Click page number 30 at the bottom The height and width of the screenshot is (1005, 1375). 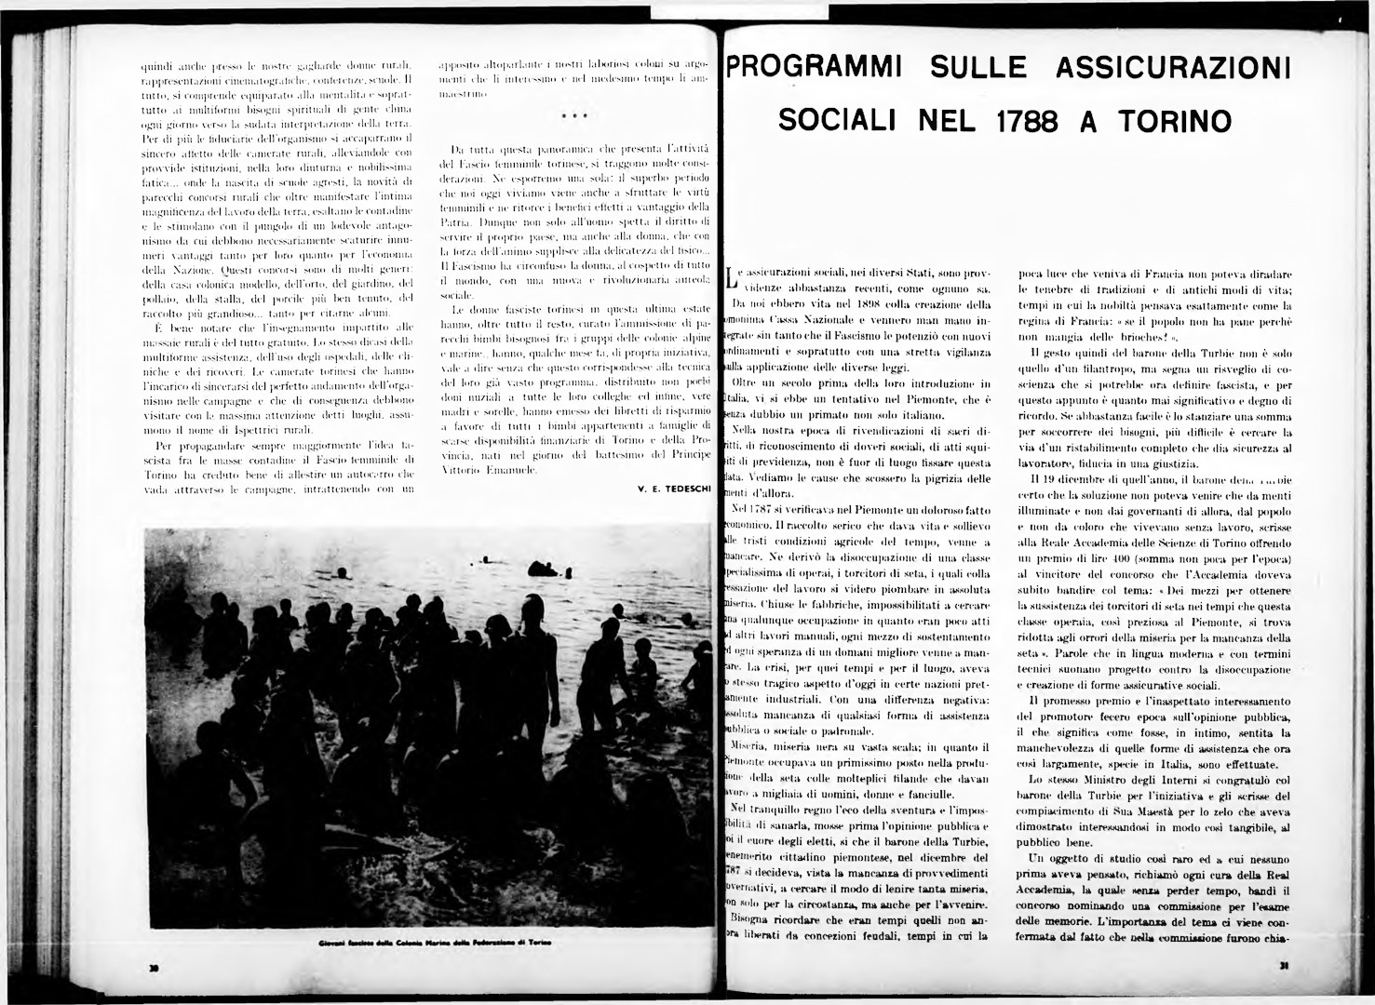pyautogui.click(x=153, y=969)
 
